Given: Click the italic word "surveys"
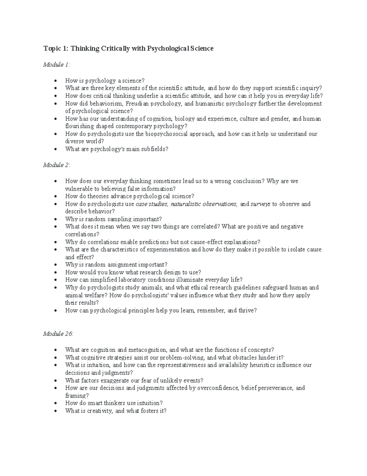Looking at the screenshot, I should [260, 204].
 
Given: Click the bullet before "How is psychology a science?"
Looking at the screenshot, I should [55, 81].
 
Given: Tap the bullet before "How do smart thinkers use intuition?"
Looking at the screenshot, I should [55, 404].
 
